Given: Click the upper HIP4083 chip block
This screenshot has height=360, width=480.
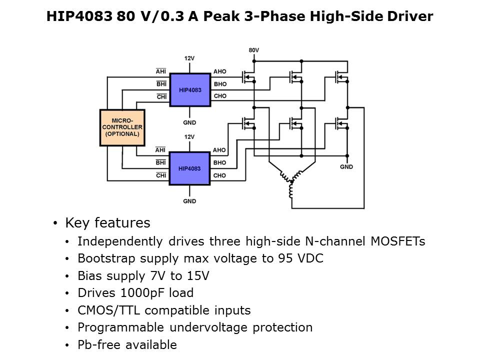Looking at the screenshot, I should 189,90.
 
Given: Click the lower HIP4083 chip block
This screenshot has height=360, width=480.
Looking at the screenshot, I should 189,168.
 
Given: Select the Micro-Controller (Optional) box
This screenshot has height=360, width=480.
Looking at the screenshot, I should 122,127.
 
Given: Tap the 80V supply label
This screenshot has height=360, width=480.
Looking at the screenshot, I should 254,50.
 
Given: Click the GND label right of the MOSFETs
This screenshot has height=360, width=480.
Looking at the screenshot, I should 346,166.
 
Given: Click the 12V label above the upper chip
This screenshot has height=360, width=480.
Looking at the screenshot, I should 189,58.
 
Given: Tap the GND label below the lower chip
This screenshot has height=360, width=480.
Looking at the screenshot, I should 189,201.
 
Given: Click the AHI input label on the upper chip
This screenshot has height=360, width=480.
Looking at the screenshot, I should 161,71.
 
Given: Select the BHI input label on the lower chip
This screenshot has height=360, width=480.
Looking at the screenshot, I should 161,162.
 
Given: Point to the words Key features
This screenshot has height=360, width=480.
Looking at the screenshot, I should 107,222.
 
